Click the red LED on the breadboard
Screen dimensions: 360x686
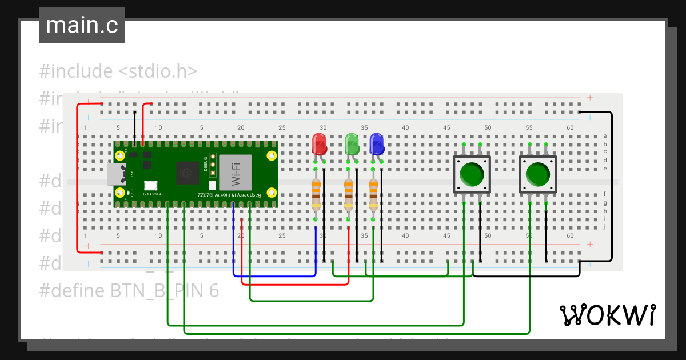[319, 144]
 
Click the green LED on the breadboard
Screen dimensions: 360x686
[352, 144]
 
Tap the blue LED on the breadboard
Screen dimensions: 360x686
[377, 144]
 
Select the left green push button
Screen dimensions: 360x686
[472, 174]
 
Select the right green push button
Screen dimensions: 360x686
[538, 174]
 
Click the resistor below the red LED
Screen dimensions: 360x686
[316, 194]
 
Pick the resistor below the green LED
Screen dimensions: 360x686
[349, 194]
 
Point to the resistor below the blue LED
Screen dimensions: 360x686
[373, 194]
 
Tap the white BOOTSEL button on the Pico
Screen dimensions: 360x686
[151, 185]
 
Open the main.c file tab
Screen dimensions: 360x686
[82, 26]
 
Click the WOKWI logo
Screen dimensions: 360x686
[607, 315]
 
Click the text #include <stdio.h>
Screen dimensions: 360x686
[118, 71]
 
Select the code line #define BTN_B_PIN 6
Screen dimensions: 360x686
[129, 290]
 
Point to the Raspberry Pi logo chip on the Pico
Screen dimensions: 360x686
[186, 172]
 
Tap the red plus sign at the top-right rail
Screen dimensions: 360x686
[590, 98]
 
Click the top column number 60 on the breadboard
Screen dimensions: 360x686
[570, 127]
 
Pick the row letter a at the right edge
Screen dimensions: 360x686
[605, 136]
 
